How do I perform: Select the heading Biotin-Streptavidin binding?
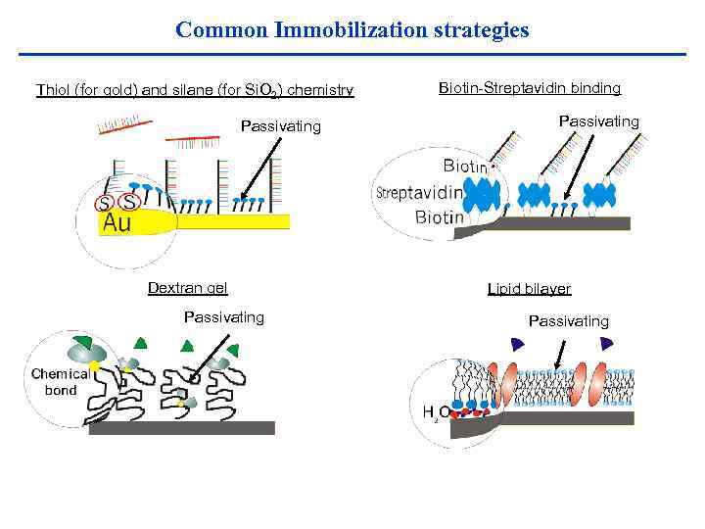click(x=529, y=88)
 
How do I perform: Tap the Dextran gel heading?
click(x=187, y=287)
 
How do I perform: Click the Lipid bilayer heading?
click(x=529, y=289)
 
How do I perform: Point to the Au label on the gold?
click(x=117, y=223)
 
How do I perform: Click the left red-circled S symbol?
click(x=103, y=204)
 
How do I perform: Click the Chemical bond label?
click(x=60, y=382)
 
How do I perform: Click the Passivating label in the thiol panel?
click(x=280, y=126)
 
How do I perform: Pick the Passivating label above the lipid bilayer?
click(x=568, y=321)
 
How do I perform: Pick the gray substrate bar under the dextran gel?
click(x=181, y=428)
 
